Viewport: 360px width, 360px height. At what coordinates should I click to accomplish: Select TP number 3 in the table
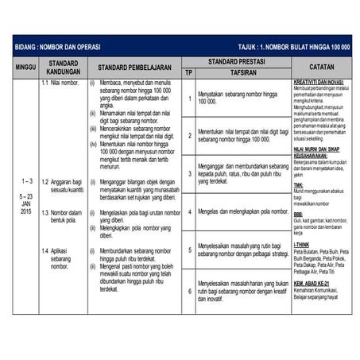[189, 172]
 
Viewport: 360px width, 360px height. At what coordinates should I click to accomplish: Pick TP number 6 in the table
[189, 291]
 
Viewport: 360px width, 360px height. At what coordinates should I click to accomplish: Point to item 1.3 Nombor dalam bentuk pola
[60, 217]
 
